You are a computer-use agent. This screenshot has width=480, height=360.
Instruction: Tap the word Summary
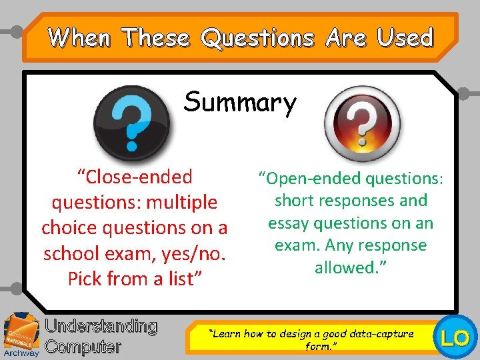(x=240, y=103)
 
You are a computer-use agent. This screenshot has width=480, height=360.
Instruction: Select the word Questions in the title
(x=257, y=37)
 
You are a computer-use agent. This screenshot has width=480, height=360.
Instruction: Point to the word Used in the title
(x=405, y=37)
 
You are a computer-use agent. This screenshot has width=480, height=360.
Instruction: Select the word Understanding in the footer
(x=101, y=327)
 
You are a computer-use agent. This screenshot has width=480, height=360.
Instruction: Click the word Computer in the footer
(x=83, y=347)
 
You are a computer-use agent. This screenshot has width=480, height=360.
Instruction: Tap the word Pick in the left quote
(x=84, y=279)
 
